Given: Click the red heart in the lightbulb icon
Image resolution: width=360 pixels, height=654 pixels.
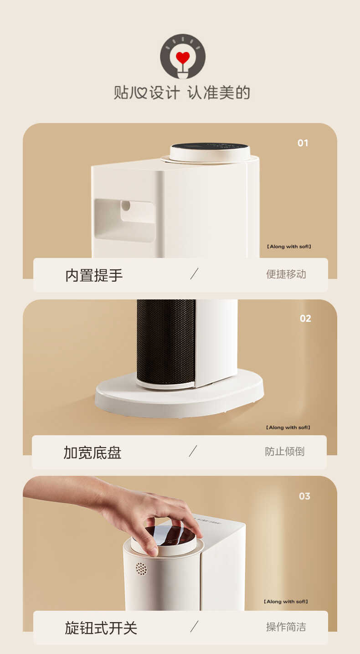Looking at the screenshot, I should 183,58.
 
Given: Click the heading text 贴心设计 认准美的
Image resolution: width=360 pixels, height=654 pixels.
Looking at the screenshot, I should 182,93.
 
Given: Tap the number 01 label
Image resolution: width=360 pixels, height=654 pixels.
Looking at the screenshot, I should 303,143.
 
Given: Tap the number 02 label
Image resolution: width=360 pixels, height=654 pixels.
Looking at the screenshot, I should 305,319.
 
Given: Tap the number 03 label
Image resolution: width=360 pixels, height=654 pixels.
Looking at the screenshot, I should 304,496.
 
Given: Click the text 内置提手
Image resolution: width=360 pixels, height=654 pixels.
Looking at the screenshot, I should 94,275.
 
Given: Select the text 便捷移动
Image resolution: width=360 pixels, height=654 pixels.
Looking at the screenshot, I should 286,274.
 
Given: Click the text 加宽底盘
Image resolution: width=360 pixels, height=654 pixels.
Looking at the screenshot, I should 93,453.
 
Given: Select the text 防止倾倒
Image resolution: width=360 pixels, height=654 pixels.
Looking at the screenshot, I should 284,452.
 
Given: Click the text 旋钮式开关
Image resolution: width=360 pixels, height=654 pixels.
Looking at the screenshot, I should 101,628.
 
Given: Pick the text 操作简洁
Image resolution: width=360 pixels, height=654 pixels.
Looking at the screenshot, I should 286,627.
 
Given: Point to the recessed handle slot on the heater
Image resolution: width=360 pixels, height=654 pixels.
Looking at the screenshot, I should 124,220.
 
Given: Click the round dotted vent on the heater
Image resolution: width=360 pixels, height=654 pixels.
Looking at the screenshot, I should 141,568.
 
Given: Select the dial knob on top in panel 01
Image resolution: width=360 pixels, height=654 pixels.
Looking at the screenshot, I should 210,152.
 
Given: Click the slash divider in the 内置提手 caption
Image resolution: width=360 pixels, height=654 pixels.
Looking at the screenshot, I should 195,274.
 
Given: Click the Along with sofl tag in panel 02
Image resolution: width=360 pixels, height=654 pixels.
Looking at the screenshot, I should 288,427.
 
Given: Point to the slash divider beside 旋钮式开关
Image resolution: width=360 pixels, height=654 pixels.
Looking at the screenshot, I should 195,627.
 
